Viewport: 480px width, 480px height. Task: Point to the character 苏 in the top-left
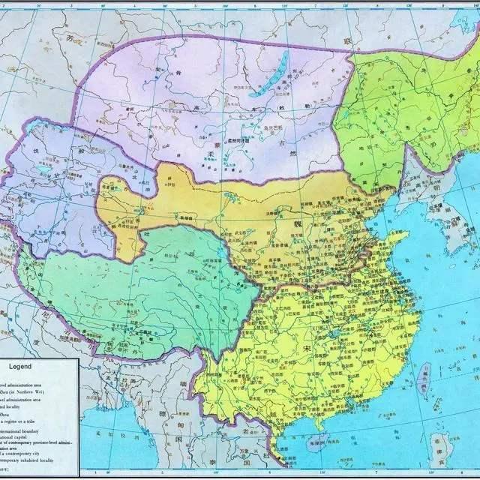(x=70, y=37)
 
